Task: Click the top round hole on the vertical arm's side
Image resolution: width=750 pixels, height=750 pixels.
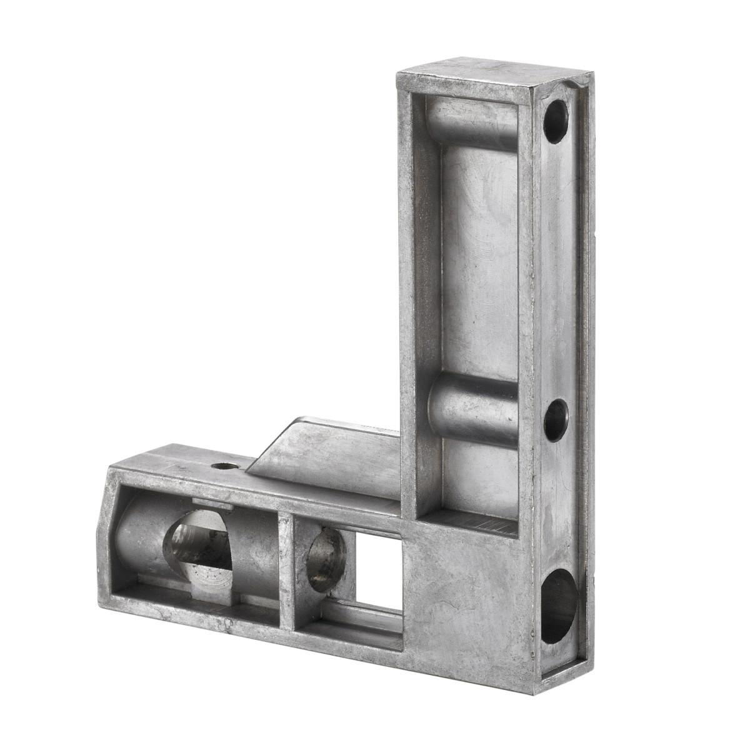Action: [x=555, y=121]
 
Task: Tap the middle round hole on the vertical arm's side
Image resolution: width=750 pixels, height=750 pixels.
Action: [x=555, y=420]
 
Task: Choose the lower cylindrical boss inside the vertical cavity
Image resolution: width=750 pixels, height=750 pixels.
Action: [x=472, y=409]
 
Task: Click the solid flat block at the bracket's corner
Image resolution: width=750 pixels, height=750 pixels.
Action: [x=466, y=600]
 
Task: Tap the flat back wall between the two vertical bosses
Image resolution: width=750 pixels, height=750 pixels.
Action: [x=478, y=262]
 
